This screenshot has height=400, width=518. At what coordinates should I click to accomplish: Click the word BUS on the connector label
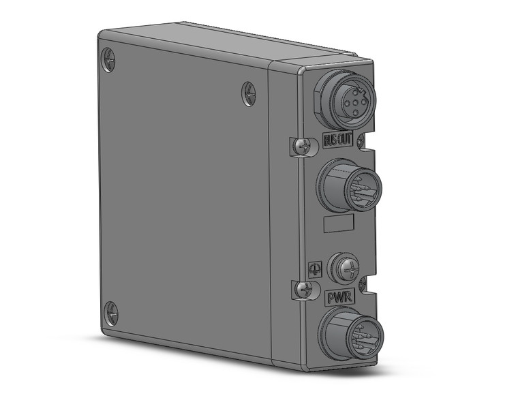pos(329,144)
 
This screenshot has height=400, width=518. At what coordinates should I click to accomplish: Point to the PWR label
pos(339,297)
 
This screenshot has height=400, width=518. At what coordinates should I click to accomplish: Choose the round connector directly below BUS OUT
pos(348,184)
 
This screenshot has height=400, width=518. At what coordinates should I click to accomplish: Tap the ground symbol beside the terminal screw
pos(314,268)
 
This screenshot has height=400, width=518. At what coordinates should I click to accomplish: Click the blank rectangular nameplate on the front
pos(337,225)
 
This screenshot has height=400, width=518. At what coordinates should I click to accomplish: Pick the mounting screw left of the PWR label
pos(302,290)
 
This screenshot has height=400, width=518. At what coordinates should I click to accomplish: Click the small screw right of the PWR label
pos(363,281)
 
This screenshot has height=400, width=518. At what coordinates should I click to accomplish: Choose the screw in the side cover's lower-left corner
pos(111,314)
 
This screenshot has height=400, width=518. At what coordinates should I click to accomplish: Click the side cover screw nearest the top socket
pos(249,93)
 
